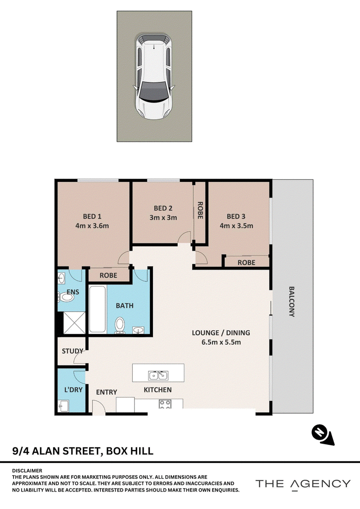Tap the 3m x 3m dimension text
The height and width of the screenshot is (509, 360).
(163, 217)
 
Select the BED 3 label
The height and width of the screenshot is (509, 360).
(236, 216)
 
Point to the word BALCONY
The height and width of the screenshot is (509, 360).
(292, 301)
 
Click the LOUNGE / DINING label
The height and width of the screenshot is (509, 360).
(221, 333)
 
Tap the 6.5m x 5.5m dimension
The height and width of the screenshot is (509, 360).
(221, 342)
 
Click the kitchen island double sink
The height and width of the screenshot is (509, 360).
(158, 375)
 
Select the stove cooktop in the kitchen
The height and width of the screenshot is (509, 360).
(165, 404)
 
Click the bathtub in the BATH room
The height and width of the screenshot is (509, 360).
(97, 309)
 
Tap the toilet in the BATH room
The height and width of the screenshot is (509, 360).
(119, 325)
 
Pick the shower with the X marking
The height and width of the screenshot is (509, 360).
(74, 323)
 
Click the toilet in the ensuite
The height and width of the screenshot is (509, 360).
(65, 297)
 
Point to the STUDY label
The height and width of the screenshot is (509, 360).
(72, 351)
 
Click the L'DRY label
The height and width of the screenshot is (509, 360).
(73, 390)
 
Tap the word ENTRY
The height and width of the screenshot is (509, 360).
(107, 392)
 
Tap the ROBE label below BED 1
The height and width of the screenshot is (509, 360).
(108, 275)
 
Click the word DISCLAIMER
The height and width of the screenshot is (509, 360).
(27, 470)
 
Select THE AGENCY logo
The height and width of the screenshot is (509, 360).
(303, 484)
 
